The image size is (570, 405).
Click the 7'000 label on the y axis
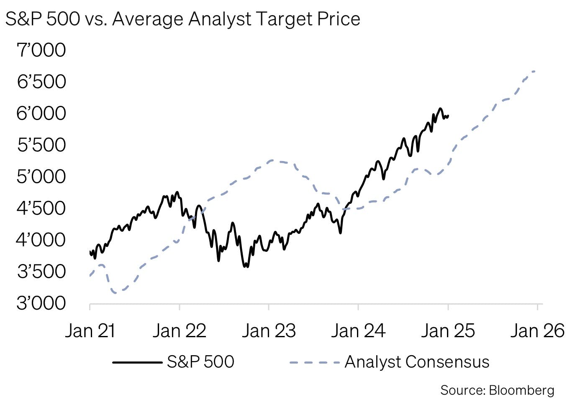coord(41,50)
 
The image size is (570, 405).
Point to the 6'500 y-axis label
coord(41,82)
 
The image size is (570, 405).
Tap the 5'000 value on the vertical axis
coord(41,177)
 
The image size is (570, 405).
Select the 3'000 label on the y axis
coord(41,303)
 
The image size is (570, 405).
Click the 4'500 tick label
coord(41,208)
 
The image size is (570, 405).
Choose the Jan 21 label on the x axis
coord(90,331)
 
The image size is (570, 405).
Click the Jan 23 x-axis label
coord(269,331)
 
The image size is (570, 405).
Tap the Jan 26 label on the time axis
coord(537,331)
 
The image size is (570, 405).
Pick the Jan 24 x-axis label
coord(358,331)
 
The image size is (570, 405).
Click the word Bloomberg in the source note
coord(521,390)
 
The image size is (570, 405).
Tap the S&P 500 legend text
coord(200,362)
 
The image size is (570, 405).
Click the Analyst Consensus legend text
coord(417,362)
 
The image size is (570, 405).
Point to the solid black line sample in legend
coord(137,362)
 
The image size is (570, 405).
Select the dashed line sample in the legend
coord(314,362)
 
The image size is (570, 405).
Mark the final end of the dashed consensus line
coord(535,71)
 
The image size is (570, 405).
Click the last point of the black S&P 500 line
coord(448,116)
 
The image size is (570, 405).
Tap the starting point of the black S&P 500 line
coord(90,252)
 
